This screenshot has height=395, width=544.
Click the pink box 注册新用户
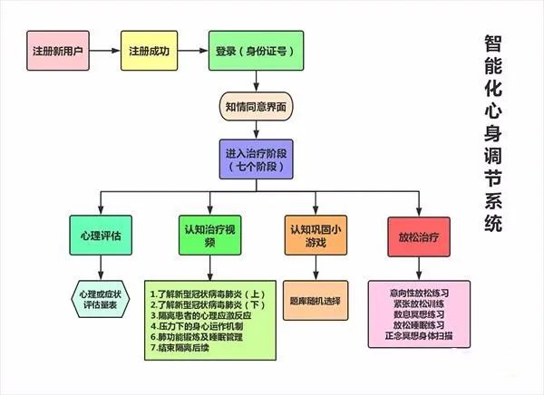pyautogui.click(x=58, y=51)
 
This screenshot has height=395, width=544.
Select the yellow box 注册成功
pyautogui.click(x=150, y=51)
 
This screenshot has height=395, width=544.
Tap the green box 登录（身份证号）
pyautogui.click(x=256, y=51)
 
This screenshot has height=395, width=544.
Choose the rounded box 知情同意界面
pyautogui.click(x=256, y=107)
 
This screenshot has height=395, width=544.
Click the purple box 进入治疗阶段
pyautogui.click(x=256, y=159)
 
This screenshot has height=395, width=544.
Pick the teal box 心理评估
pyautogui.click(x=101, y=236)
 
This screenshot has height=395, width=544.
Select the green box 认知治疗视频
pyautogui.click(x=210, y=236)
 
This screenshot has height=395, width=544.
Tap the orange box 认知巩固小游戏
pyautogui.click(x=316, y=236)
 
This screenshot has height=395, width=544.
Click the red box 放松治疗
pyautogui.click(x=419, y=237)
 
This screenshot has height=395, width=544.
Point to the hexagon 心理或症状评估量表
pyautogui.click(x=101, y=299)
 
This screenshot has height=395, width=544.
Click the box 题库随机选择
pyautogui.click(x=316, y=300)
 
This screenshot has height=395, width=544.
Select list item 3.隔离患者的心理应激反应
pyautogui.click(x=201, y=315)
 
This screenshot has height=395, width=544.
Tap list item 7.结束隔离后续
pyautogui.click(x=180, y=348)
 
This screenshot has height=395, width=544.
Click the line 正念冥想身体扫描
pyautogui.click(x=419, y=336)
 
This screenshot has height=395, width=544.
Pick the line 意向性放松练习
pyautogui.click(x=419, y=293)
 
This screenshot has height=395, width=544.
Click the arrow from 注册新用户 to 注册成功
pyautogui.click(x=105, y=51)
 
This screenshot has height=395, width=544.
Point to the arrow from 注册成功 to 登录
pyautogui.click(x=193, y=51)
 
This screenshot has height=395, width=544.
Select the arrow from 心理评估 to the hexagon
pyautogui.click(x=101, y=268)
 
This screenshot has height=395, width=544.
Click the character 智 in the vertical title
pyautogui.click(x=493, y=43)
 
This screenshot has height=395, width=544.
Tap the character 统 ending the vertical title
pyautogui.click(x=493, y=223)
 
